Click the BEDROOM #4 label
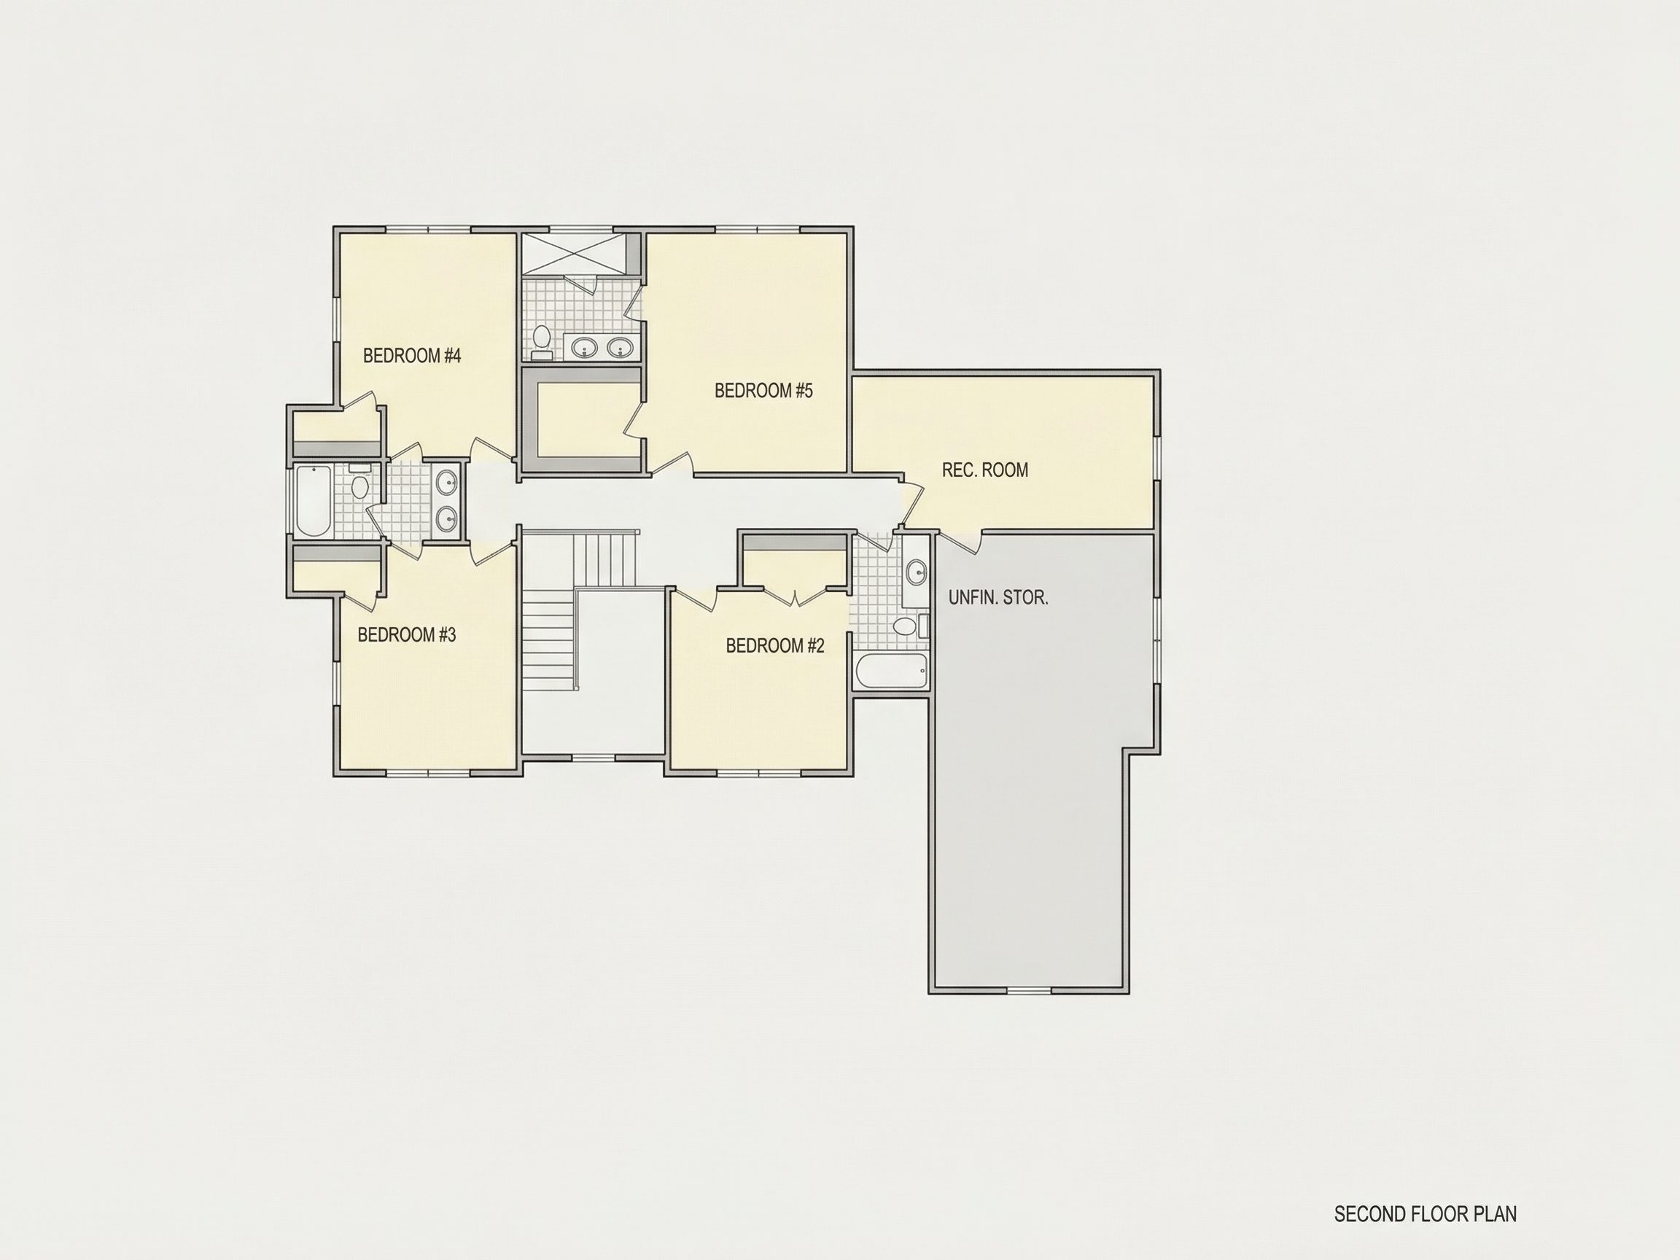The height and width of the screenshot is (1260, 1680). pyautogui.click(x=412, y=355)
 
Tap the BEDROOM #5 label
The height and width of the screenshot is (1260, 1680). pyautogui.click(x=763, y=390)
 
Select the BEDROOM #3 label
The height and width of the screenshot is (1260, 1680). pyautogui.click(x=406, y=634)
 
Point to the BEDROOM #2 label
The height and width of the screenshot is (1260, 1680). pyautogui.click(x=774, y=645)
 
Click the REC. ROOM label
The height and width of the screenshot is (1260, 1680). pyautogui.click(x=985, y=470)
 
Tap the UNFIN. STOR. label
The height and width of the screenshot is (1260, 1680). pyautogui.click(x=998, y=597)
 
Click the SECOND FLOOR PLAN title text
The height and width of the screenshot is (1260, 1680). pyautogui.click(x=1425, y=1171)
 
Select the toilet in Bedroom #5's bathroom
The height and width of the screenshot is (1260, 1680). pyautogui.click(x=542, y=339)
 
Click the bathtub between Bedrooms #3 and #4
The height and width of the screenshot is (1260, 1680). pyautogui.click(x=313, y=500)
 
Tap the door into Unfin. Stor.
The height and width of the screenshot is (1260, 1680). pyautogui.click(x=960, y=541)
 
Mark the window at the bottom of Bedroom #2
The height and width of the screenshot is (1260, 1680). pyautogui.click(x=758, y=772)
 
